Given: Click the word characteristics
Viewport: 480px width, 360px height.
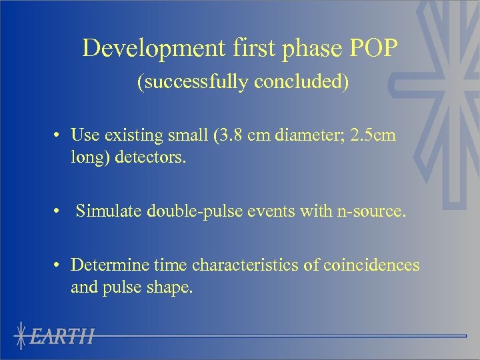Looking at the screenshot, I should coord(245,265).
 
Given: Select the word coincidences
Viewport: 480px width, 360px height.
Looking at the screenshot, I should coord(372,265).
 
